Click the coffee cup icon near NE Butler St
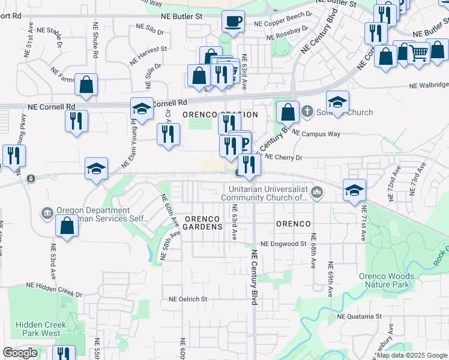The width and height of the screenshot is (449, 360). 233,21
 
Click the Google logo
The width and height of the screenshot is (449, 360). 20,353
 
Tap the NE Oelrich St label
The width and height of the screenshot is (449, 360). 188,298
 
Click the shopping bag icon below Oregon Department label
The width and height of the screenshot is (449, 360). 67,226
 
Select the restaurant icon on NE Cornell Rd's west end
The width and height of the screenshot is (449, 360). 77,121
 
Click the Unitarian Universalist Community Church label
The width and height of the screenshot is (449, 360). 265,193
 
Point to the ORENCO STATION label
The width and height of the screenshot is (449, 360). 220,115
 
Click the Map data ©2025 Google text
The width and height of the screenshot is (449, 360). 412,355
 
